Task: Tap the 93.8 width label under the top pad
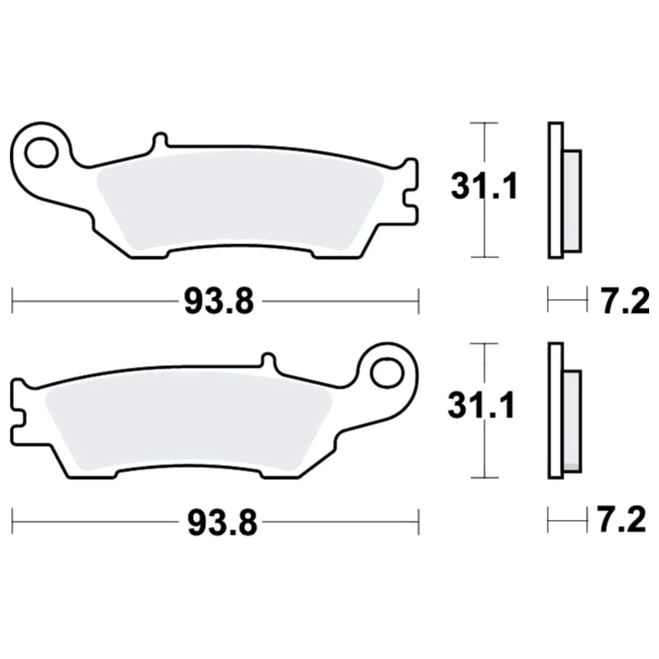coord(219,302)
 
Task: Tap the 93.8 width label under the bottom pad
coord(222,523)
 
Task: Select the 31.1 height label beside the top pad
coord(484,186)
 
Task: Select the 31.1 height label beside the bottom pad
coord(481,406)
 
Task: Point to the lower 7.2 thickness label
coord(622,521)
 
